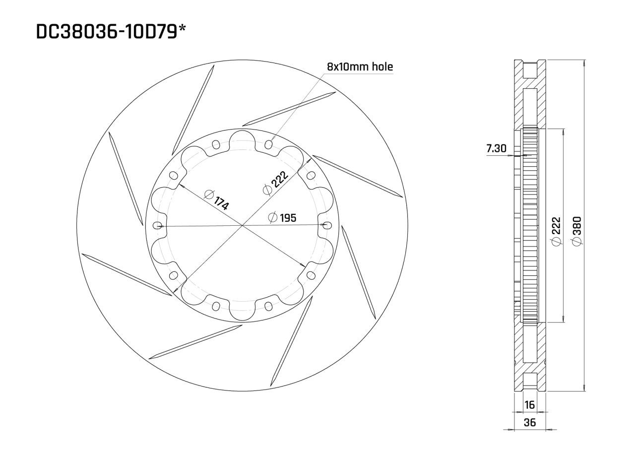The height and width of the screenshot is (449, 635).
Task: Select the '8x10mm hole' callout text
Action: [x=360, y=66]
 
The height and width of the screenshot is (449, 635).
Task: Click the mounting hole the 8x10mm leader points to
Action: [x=269, y=144]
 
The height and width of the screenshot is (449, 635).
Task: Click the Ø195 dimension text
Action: [x=283, y=218]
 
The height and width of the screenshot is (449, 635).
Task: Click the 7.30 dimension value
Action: [x=497, y=148]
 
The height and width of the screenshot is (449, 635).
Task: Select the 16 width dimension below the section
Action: [x=530, y=405]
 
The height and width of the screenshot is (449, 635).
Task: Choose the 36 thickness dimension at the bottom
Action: [x=530, y=423]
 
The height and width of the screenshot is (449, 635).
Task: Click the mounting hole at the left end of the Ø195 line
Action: [x=158, y=225]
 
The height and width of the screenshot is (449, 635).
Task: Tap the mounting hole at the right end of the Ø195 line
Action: [x=326, y=225]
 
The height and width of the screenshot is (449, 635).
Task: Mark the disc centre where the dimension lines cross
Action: [x=242, y=226]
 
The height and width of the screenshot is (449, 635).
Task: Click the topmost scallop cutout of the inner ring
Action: [x=242, y=139]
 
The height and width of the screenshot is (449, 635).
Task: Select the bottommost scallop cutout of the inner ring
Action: [x=242, y=311]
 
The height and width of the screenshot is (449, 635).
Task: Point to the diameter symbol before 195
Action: [x=272, y=218]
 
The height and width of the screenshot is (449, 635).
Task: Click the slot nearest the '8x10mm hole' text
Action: [x=289, y=109]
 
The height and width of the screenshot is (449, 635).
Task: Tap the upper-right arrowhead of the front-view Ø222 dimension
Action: [x=310, y=159]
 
